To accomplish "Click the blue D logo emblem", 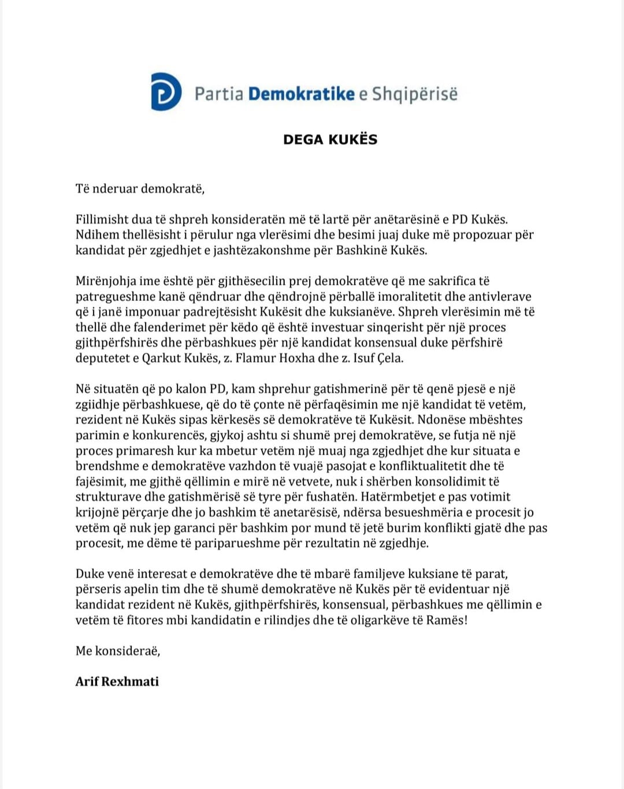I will click(166, 92).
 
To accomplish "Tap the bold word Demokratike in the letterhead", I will click(301, 94).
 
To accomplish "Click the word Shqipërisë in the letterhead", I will click(414, 94).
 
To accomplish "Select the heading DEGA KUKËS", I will click(330, 140).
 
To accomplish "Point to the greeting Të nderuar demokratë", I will click(140, 188).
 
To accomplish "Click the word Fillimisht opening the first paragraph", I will click(102, 219).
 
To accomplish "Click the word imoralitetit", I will click(420, 297).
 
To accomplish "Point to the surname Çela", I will click(389, 358).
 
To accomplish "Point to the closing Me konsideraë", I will click(118, 651).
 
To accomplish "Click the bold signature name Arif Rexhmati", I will click(117, 682).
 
